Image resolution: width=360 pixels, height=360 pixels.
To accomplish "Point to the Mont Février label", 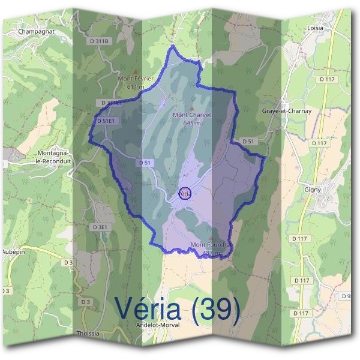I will click(x=136, y=79).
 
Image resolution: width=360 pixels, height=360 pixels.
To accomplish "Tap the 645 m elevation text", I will click(x=192, y=123).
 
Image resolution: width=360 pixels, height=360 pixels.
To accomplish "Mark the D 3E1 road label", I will click(x=100, y=227).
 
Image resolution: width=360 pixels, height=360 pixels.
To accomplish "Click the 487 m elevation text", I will click(x=210, y=253).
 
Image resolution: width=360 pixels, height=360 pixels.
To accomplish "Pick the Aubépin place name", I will click(x=13, y=251).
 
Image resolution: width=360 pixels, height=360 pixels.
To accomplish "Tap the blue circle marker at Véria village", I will click(x=185, y=193).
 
